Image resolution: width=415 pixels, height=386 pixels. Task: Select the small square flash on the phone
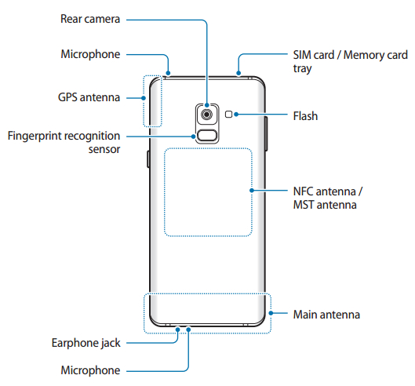pyautogui.click(x=229, y=115)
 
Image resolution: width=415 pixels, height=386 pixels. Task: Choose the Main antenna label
pyautogui.click(x=326, y=314)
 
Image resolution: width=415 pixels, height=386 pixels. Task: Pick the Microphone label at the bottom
pyautogui.click(x=90, y=370)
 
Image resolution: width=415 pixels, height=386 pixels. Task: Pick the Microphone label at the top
pyautogui.click(x=90, y=54)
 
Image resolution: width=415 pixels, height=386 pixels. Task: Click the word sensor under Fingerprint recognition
pyautogui.click(x=102, y=149)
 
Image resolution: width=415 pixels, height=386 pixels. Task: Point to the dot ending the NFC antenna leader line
pyautogui.click(x=252, y=191)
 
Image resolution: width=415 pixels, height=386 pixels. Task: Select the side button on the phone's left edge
pyautogui.click(x=147, y=161)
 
